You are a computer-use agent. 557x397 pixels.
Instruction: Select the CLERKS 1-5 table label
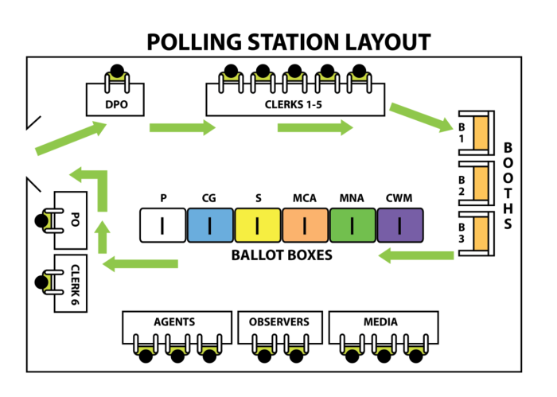tap(292, 103)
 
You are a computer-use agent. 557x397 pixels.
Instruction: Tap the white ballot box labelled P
tap(163, 225)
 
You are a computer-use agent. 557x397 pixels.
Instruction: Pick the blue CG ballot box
tap(211, 225)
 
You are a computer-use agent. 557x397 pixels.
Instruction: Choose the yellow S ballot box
tap(258, 225)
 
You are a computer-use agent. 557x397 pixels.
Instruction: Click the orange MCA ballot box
tap(306, 225)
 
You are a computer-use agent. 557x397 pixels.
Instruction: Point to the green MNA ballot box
tap(353, 225)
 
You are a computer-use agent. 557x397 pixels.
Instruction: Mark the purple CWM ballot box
tap(400, 225)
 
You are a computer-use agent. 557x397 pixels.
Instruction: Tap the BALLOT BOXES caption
tap(282, 256)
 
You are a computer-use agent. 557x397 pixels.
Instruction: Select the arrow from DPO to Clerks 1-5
tap(182, 127)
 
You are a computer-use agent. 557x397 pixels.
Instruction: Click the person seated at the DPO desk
tap(118, 72)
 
